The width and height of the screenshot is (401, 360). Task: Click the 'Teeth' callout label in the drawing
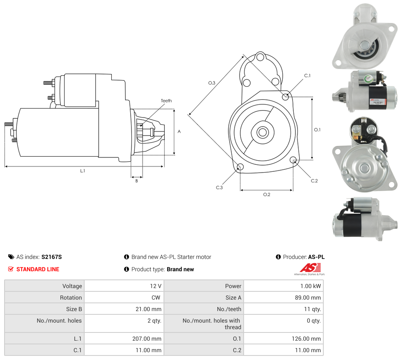tap(166, 101)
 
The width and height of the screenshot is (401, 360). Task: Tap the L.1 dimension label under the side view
tap(83, 171)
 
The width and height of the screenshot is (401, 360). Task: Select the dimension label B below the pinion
tap(137, 181)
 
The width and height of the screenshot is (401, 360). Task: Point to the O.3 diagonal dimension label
tap(212, 83)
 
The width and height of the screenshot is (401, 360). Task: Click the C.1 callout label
tap(307, 76)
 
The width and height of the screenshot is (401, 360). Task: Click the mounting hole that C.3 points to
tap(240, 167)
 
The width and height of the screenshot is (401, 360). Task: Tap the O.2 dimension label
tap(267, 194)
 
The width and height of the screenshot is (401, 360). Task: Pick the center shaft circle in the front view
tap(263, 132)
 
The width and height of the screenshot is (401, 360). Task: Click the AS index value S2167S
tap(51, 257)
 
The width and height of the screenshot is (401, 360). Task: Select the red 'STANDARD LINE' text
tap(38, 269)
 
